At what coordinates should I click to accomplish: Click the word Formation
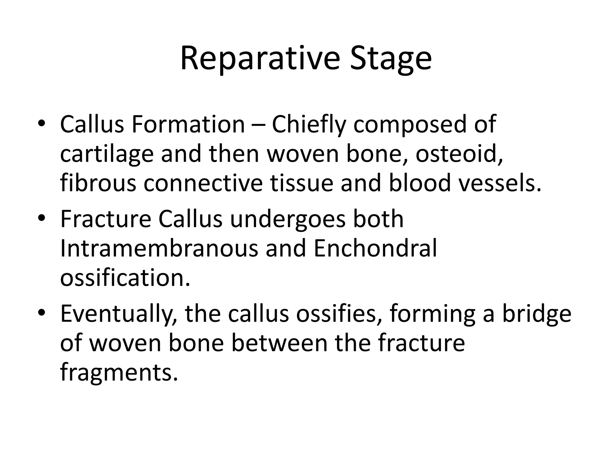[188, 124]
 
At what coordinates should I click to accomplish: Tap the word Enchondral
[375, 248]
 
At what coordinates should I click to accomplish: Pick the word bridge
[536, 314]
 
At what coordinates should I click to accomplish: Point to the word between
[279, 343]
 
